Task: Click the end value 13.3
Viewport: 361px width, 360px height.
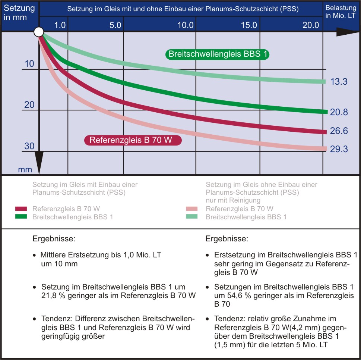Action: point(339,82)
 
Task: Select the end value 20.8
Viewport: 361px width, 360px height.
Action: point(339,112)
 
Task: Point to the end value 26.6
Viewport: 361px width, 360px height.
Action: point(339,131)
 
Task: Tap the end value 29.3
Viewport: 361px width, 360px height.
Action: point(339,149)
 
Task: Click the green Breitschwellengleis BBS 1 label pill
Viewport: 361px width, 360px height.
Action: point(218,54)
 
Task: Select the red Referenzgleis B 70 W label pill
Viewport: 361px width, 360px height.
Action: point(133,140)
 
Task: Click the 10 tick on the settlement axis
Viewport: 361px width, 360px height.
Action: point(29,64)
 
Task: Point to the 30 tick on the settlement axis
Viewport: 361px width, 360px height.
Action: point(29,146)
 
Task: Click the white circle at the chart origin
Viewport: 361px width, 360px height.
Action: point(39,32)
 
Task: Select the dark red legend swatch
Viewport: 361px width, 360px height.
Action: point(21,209)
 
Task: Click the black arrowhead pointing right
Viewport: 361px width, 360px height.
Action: point(345,32)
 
